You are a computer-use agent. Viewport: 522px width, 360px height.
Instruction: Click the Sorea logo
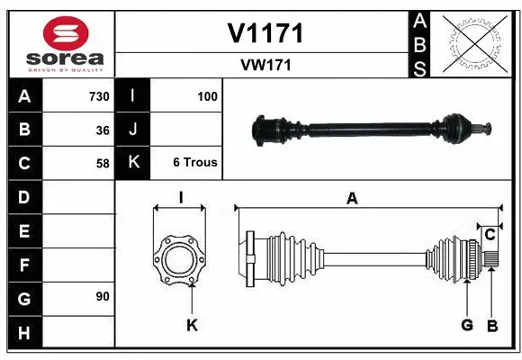[x=60, y=42]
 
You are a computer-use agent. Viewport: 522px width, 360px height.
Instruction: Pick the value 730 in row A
[x=98, y=96]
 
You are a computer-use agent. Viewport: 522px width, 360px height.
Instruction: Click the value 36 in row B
[x=102, y=130]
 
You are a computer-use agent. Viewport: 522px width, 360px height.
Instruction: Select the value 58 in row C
[x=102, y=163]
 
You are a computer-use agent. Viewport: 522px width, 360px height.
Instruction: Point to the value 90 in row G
[x=102, y=296]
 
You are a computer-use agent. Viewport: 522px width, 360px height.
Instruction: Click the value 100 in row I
[x=207, y=96]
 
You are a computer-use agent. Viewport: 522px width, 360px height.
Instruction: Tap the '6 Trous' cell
[x=195, y=163]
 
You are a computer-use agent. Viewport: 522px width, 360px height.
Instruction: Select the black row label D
[x=23, y=196]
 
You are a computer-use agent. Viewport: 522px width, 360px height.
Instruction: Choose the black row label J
[x=133, y=130]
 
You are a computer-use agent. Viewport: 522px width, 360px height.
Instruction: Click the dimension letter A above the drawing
[x=352, y=198]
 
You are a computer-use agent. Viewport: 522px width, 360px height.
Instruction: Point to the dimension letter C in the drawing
[x=490, y=235]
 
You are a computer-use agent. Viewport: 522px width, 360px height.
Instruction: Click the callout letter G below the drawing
[x=467, y=325]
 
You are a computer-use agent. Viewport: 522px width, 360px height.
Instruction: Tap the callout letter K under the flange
[x=192, y=325]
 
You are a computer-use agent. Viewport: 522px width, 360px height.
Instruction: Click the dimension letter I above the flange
[x=180, y=197]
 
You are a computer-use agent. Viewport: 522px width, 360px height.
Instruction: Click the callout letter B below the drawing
[x=491, y=325]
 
